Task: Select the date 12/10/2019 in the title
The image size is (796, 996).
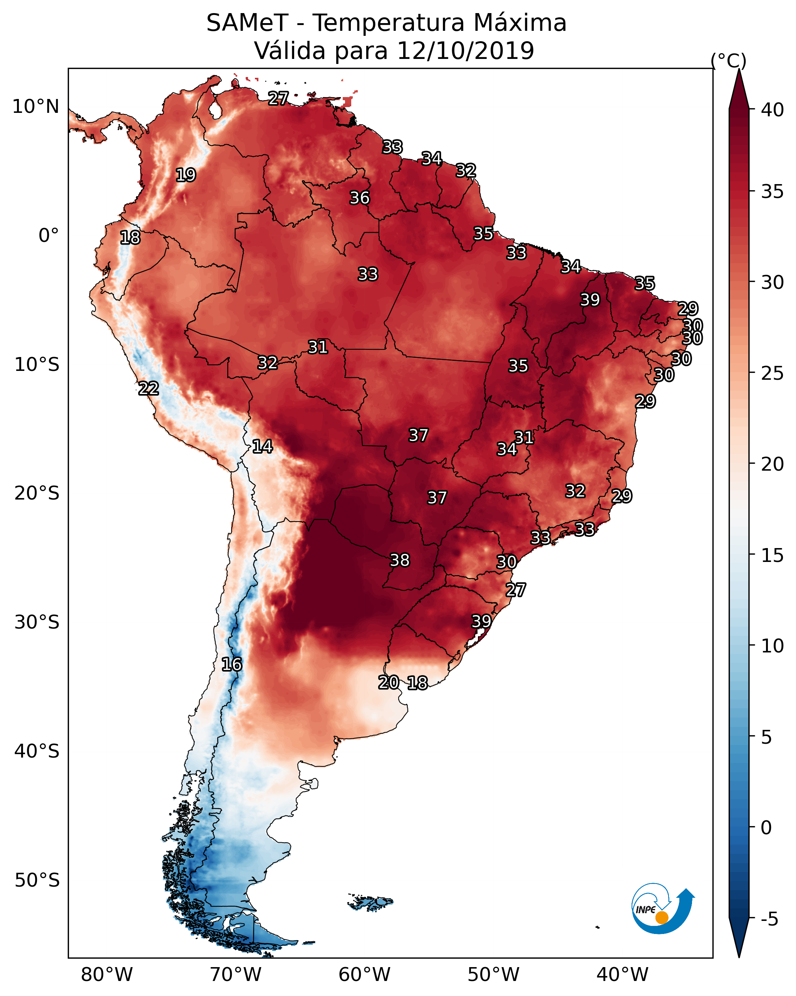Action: coord(465,51)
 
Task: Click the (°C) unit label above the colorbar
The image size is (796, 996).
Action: coord(729,60)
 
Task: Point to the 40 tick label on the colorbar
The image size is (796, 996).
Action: coord(773,110)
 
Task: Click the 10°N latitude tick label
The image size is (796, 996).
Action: coord(35,107)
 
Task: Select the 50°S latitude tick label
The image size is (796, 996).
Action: coord(37,880)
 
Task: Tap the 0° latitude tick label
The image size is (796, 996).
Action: coord(49,236)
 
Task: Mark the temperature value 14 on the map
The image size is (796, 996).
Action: coord(262,446)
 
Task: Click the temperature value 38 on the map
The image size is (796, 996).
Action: coord(400,560)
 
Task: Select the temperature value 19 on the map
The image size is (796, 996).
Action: coord(186,175)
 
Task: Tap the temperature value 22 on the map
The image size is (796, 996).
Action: coord(148,389)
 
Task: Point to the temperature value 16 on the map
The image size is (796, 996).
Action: coord(231,664)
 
